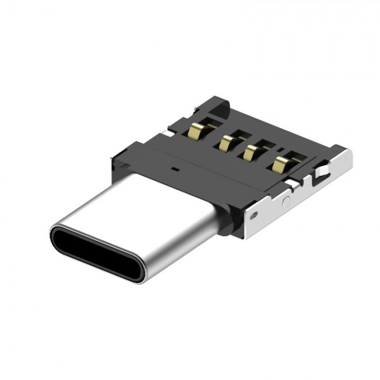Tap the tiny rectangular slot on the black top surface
point(174,170)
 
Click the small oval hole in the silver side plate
point(255,215)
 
